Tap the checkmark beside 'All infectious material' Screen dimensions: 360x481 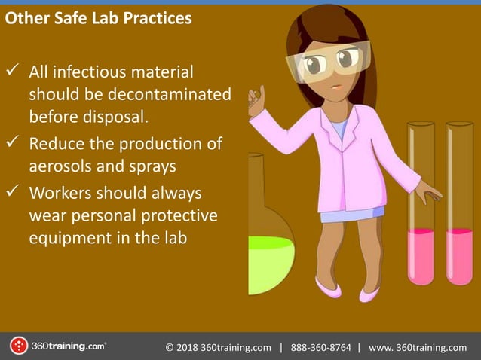tap(14, 73)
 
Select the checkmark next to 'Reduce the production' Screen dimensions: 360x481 tap(14, 143)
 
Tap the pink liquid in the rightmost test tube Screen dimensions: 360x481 tap(458, 256)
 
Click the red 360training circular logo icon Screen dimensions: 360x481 tap(18, 346)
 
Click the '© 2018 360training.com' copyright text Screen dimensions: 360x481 tap(218, 347)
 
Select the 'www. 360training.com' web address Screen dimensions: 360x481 tap(418, 347)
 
